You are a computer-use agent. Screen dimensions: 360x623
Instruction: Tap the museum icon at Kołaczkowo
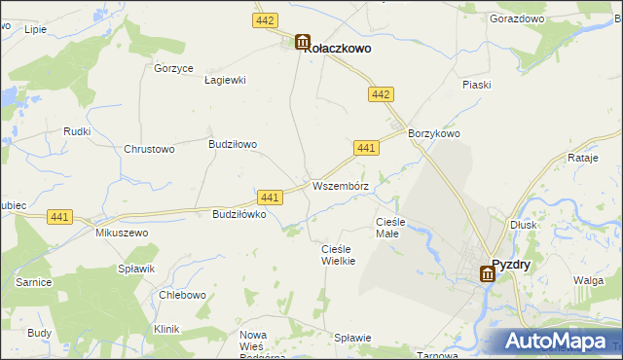click(302, 43)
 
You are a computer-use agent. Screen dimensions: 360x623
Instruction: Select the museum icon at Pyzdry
click(487, 274)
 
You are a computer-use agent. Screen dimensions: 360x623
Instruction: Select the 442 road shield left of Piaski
click(381, 93)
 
